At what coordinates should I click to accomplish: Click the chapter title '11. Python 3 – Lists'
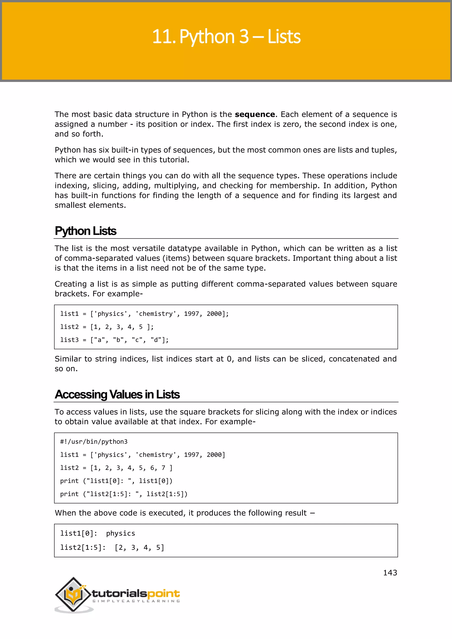click(226, 37)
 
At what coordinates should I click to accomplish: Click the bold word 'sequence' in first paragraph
click(255, 114)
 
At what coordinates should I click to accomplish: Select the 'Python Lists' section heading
click(85, 231)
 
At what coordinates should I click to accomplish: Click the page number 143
click(390, 573)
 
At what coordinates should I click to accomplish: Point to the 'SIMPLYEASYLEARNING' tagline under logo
click(136, 601)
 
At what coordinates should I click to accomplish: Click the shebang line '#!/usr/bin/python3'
click(94, 442)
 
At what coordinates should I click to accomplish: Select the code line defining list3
click(114, 340)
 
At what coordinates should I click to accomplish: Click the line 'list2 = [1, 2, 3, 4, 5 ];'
click(107, 327)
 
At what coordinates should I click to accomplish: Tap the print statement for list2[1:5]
click(124, 494)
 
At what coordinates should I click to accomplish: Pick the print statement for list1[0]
click(116, 481)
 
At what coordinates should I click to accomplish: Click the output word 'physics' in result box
click(121, 533)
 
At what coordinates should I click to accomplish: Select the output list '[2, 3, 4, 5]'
click(139, 548)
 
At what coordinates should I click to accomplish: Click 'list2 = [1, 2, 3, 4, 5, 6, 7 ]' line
click(116, 468)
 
